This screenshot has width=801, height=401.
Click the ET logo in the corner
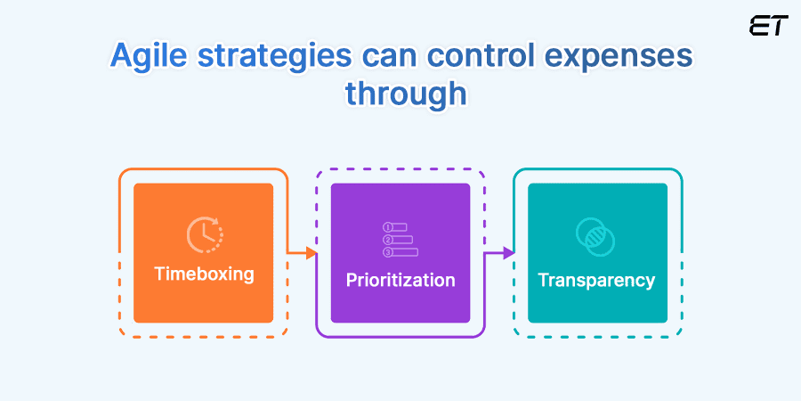pyautogui.click(x=768, y=26)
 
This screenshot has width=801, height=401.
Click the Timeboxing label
pyautogui.click(x=203, y=274)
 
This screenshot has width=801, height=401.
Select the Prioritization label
pyautogui.click(x=400, y=280)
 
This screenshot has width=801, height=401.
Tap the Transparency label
pyautogui.click(x=596, y=280)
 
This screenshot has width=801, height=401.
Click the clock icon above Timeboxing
pyautogui.click(x=204, y=235)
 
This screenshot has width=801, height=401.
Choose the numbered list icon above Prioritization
pyautogui.click(x=400, y=240)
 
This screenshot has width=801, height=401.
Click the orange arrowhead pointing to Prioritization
pyautogui.click(x=311, y=253)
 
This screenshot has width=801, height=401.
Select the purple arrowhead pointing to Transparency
pyautogui.click(x=508, y=253)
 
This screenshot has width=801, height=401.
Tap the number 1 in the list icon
pyautogui.click(x=387, y=227)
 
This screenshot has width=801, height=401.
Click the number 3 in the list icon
pyautogui.click(x=387, y=252)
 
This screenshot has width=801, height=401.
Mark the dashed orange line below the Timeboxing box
pyautogui.click(x=203, y=336)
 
